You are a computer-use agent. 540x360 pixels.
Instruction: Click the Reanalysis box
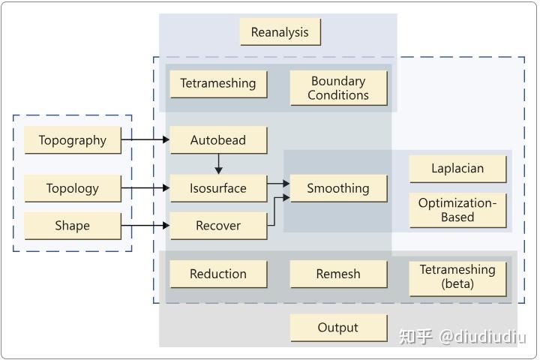[280, 32]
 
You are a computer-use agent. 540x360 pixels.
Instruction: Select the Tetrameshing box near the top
[218, 83]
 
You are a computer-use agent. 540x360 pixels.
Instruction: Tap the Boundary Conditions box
[338, 88]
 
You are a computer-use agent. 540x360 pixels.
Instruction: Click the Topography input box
[73, 140]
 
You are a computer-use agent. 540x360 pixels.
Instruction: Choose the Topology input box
[73, 188]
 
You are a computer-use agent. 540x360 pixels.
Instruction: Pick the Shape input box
[73, 226]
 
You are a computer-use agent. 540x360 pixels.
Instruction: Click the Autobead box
[218, 140]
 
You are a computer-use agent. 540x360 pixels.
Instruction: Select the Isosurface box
[218, 188]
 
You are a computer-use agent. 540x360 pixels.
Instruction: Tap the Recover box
[218, 226]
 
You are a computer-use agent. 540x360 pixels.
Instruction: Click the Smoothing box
[338, 188]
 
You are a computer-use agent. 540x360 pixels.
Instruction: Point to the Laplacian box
[457, 169]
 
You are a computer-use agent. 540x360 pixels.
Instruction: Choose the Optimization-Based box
[457, 210]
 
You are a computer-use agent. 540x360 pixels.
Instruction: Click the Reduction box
[218, 274]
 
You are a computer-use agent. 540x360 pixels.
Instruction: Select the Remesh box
[338, 274]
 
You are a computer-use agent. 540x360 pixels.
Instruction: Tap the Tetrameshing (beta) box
[457, 277]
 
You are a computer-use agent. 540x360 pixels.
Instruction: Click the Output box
[338, 328]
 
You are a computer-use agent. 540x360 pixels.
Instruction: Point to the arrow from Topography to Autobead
[145, 139]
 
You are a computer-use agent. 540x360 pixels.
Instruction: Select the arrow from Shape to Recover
[145, 225]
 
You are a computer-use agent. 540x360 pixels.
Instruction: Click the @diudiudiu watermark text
[482, 337]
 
